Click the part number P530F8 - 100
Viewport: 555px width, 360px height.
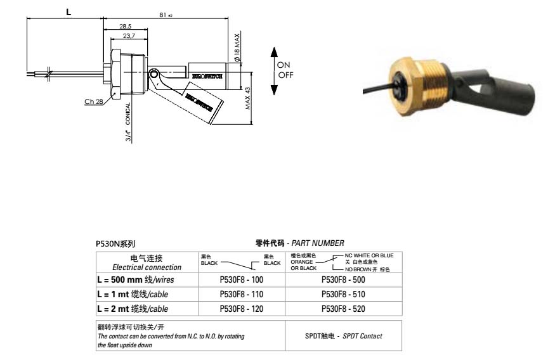tap(240, 279)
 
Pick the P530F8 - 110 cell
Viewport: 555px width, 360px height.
tap(240, 294)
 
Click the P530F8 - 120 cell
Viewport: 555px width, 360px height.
tap(240, 309)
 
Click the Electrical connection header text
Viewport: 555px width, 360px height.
tap(147, 267)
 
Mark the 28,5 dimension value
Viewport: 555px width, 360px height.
tap(125, 26)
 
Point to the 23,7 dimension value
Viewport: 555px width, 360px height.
tap(129, 36)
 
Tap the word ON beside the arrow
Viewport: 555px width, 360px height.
tap(284, 65)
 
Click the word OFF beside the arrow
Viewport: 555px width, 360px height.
tap(285, 75)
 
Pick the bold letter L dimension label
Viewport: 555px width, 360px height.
tap(68, 11)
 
